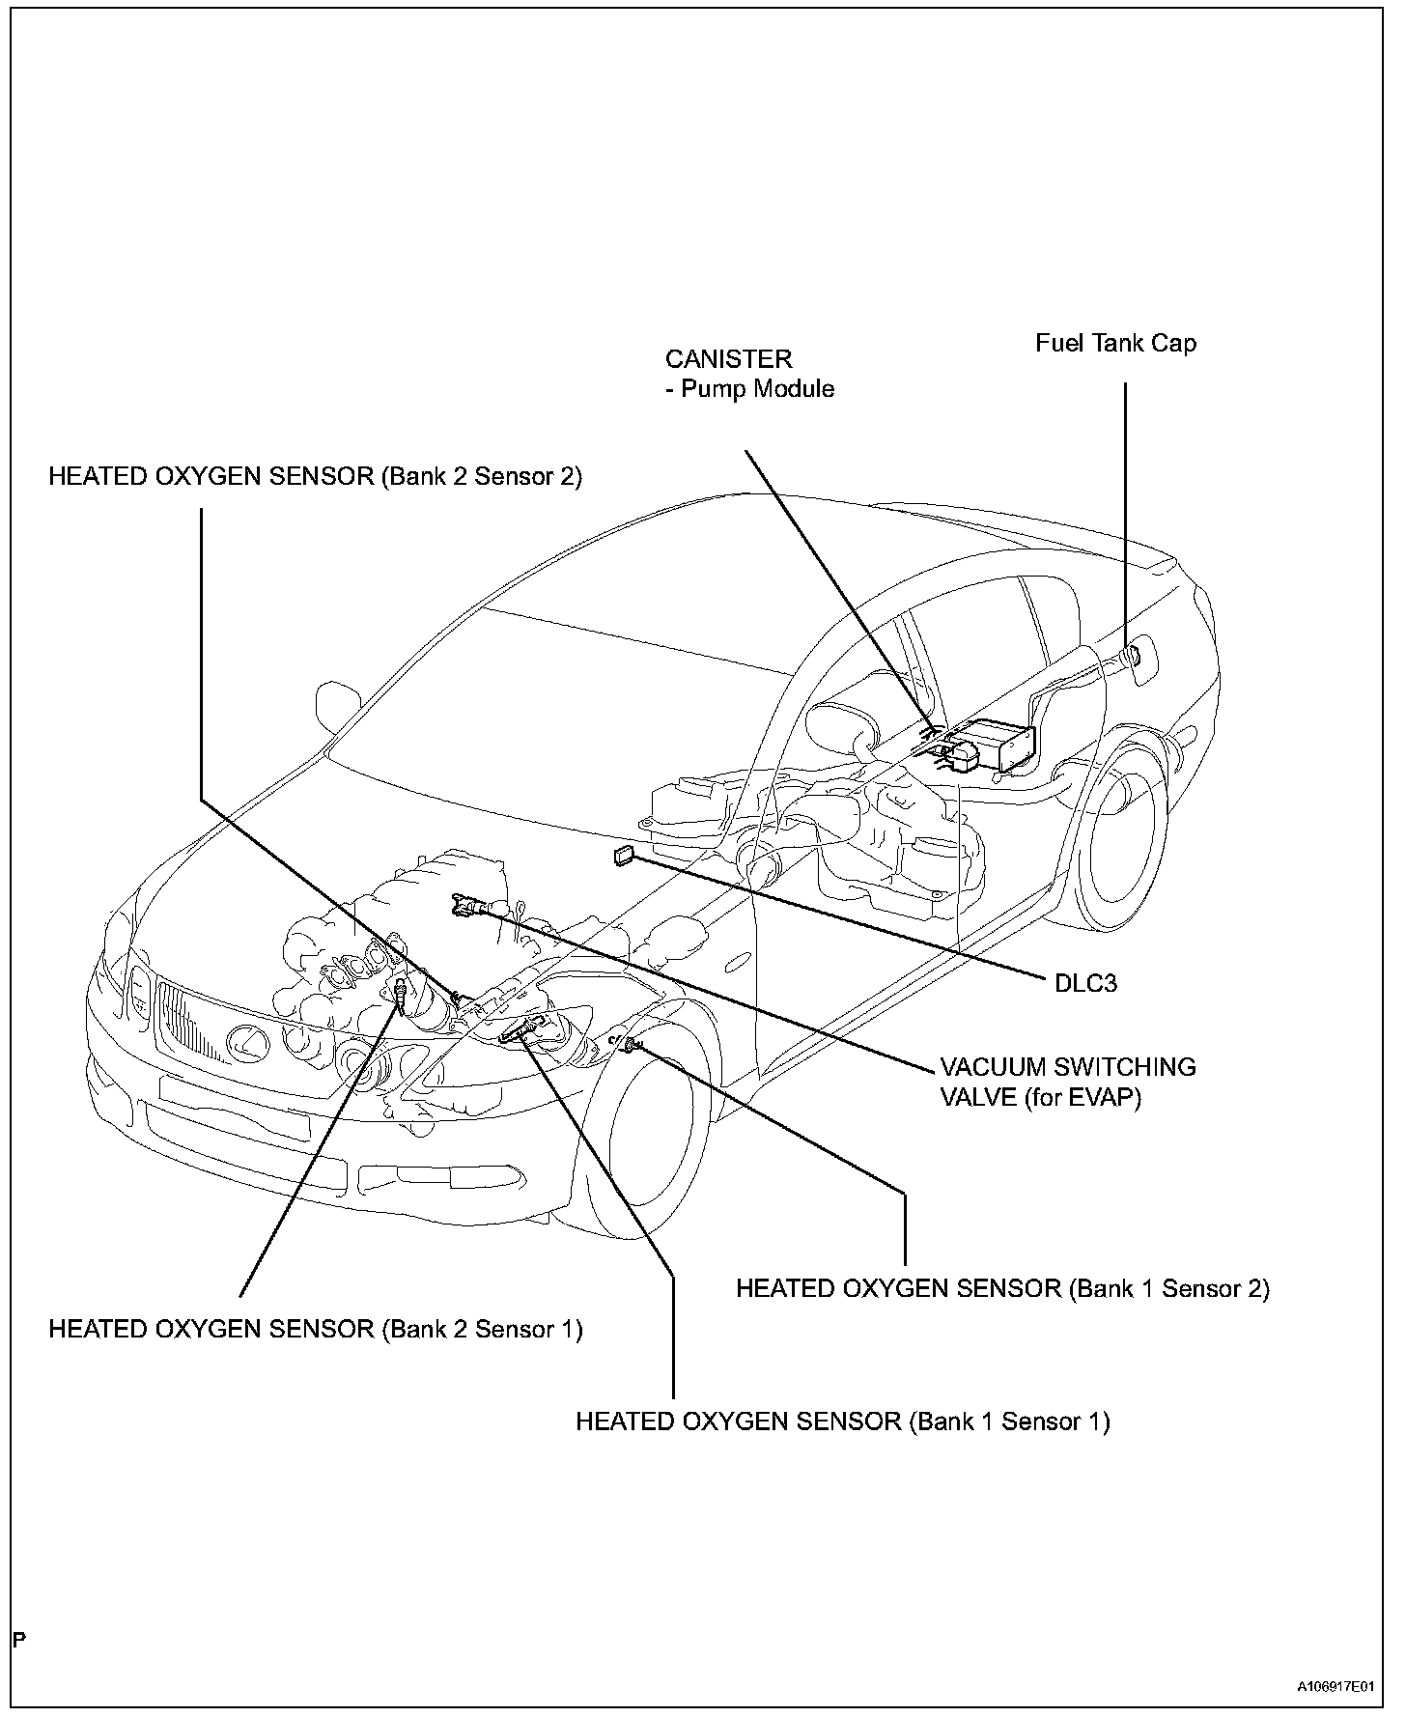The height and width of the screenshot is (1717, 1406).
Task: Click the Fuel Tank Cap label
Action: [x=1115, y=344]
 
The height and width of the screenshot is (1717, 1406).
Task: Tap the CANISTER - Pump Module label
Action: [x=749, y=374]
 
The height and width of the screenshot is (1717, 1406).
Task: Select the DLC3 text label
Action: [x=1085, y=983]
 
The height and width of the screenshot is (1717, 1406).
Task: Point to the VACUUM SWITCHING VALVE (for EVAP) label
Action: [x=1068, y=1082]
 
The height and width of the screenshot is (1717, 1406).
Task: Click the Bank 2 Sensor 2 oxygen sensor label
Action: [x=316, y=477]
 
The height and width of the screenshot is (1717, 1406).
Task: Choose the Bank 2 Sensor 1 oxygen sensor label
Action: [x=316, y=1329]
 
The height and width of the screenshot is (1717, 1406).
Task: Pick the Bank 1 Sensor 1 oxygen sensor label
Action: [x=842, y=1421]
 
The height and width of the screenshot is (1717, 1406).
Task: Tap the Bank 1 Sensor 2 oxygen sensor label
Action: [x=1002, y=1288]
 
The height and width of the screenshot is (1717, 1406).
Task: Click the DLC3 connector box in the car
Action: [x=624, y=856]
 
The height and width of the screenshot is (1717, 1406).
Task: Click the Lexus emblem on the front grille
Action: [x=245, y=1041]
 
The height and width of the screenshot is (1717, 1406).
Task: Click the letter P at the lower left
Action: [x=19, y=1639]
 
